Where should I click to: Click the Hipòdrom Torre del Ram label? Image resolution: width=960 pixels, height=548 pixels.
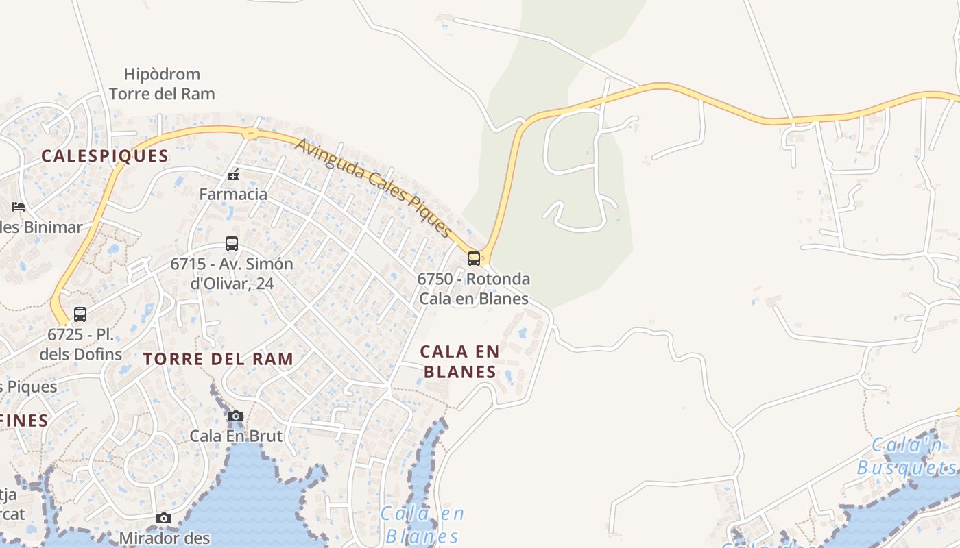[162, 84]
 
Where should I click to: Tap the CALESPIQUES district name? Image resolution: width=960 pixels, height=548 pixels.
[105, 155]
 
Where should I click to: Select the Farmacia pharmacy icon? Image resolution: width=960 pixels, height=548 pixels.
[233, 175]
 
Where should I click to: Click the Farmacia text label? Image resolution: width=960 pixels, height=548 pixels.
[233, 194]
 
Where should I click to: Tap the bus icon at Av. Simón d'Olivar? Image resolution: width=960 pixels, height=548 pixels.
[232, 243]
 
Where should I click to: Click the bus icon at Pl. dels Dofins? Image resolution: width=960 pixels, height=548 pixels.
[80, 314]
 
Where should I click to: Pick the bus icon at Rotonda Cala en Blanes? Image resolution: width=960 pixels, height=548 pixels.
[474, 258]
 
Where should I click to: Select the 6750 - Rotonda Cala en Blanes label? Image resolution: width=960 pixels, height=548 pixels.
[474, 288]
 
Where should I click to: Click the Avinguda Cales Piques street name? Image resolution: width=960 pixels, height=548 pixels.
[374, 187]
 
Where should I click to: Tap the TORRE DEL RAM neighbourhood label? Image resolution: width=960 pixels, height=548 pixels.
[218, 358]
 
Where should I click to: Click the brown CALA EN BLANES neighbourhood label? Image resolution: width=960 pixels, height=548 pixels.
[459, 361]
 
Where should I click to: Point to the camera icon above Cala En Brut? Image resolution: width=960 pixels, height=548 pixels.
[236, 416]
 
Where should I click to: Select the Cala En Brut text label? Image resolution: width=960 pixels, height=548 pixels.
[236, 436]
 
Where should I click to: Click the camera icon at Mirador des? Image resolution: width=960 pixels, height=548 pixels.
[163, 518]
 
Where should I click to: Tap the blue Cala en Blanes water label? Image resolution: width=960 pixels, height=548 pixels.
[422, 524]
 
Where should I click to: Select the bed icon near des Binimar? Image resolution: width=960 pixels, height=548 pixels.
[19, 206]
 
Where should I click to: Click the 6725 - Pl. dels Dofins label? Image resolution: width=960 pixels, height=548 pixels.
[81, 345]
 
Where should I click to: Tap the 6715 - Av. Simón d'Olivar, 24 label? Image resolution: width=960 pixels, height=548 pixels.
[232, 273]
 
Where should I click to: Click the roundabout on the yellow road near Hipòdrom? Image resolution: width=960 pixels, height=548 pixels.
[251, 134]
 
